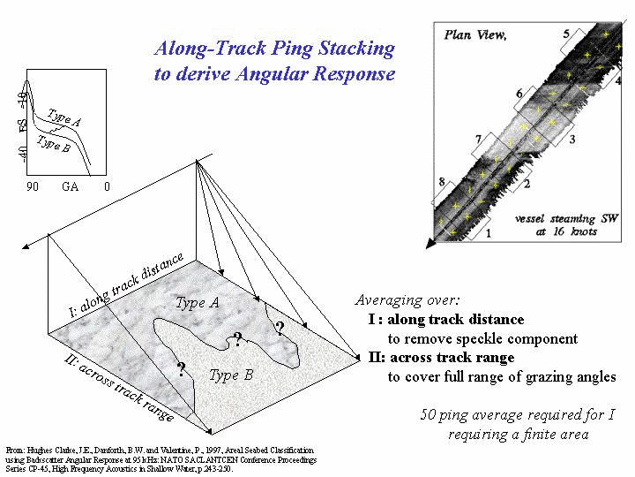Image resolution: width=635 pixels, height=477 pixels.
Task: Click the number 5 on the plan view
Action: [566, 34]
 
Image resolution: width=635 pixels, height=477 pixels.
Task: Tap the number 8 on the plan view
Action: [442, 183]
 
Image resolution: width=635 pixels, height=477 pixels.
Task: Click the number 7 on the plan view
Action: [477, 140]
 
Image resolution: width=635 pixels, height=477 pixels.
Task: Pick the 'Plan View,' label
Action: [475, 35]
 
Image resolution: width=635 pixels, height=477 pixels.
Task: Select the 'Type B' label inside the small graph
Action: [55, 142]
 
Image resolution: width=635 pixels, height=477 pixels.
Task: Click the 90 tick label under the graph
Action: [33, 187]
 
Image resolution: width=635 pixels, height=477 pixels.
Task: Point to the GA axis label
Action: [71, 187]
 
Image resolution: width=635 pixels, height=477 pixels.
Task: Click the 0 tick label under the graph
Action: [107, 187]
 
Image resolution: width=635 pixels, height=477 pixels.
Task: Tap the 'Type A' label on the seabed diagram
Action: [197, 303]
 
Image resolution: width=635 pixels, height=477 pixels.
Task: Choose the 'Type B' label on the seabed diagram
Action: [231, 375]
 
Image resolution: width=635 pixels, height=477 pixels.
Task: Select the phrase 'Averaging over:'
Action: [407, 300]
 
